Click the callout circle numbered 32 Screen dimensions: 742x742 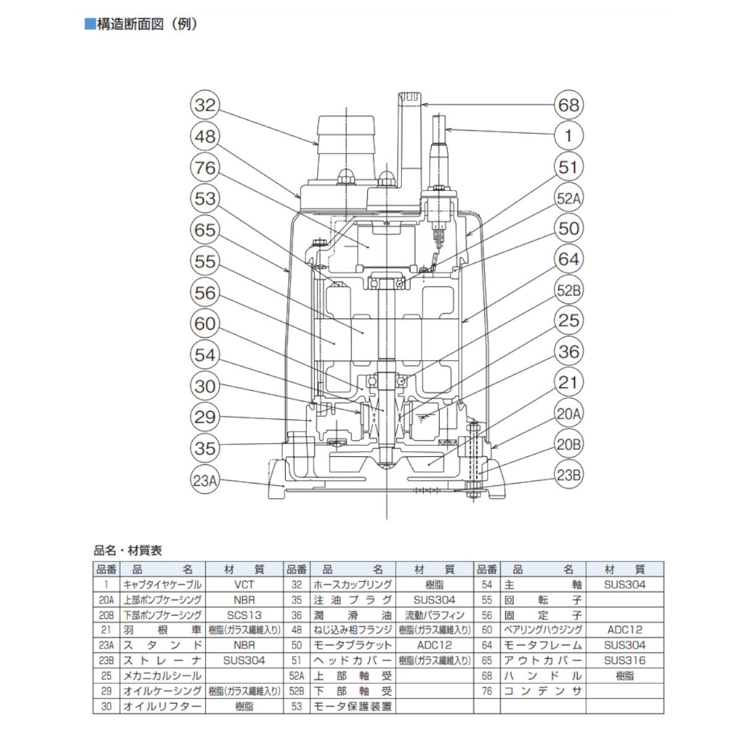(205, 104)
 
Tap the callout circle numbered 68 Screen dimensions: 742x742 (568, 104)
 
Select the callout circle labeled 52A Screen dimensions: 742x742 (568, 198)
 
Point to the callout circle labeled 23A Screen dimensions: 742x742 (205, 480)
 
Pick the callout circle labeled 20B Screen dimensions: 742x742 (568, 445)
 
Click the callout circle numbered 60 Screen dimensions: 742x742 (205, 323)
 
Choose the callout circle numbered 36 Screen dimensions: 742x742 (568, 352)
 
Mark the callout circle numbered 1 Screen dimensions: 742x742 (568, 135)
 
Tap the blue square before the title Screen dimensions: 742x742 (90, 24)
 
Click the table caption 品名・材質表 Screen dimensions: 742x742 (128, 550)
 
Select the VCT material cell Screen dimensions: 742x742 (244, 584)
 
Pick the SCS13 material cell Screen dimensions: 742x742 (244, 615)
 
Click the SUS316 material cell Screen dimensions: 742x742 (625, 660)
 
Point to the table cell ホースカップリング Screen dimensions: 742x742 (352, 584)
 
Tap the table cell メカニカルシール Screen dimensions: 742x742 (162, 676)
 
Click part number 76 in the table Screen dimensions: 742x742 (487, 691)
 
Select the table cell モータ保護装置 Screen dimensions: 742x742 (352, 706)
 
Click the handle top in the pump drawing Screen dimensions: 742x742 (409, 98)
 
